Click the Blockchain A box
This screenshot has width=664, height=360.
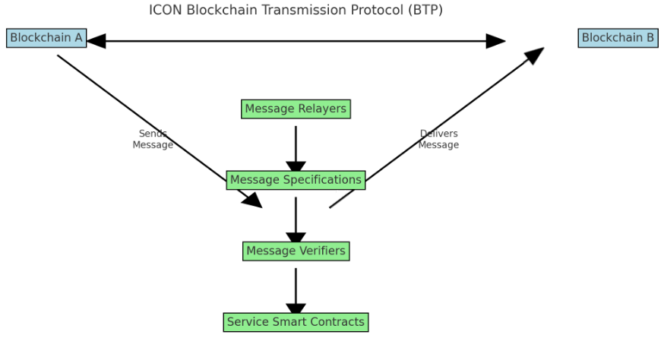tap(46, 38)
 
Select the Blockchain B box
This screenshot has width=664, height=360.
tap(618, 38)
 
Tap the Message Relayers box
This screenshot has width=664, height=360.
tap(296, 109)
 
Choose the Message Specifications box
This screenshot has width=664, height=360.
tap(296, 180)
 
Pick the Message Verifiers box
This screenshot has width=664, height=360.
tap(296, 251)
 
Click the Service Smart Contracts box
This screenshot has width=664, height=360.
tap(296, 322)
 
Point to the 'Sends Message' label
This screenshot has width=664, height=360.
tap(153, 140)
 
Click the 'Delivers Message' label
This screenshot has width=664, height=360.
tap(438, 140)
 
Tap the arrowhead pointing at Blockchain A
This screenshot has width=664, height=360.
tap(96, 41)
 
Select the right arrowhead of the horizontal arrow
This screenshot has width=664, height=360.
tap(495, 41)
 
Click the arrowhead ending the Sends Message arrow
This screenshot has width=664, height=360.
tap(253, 201)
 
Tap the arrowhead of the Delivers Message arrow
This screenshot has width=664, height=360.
tap(535, 55)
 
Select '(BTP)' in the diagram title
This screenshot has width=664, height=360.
tap(425, 10)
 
